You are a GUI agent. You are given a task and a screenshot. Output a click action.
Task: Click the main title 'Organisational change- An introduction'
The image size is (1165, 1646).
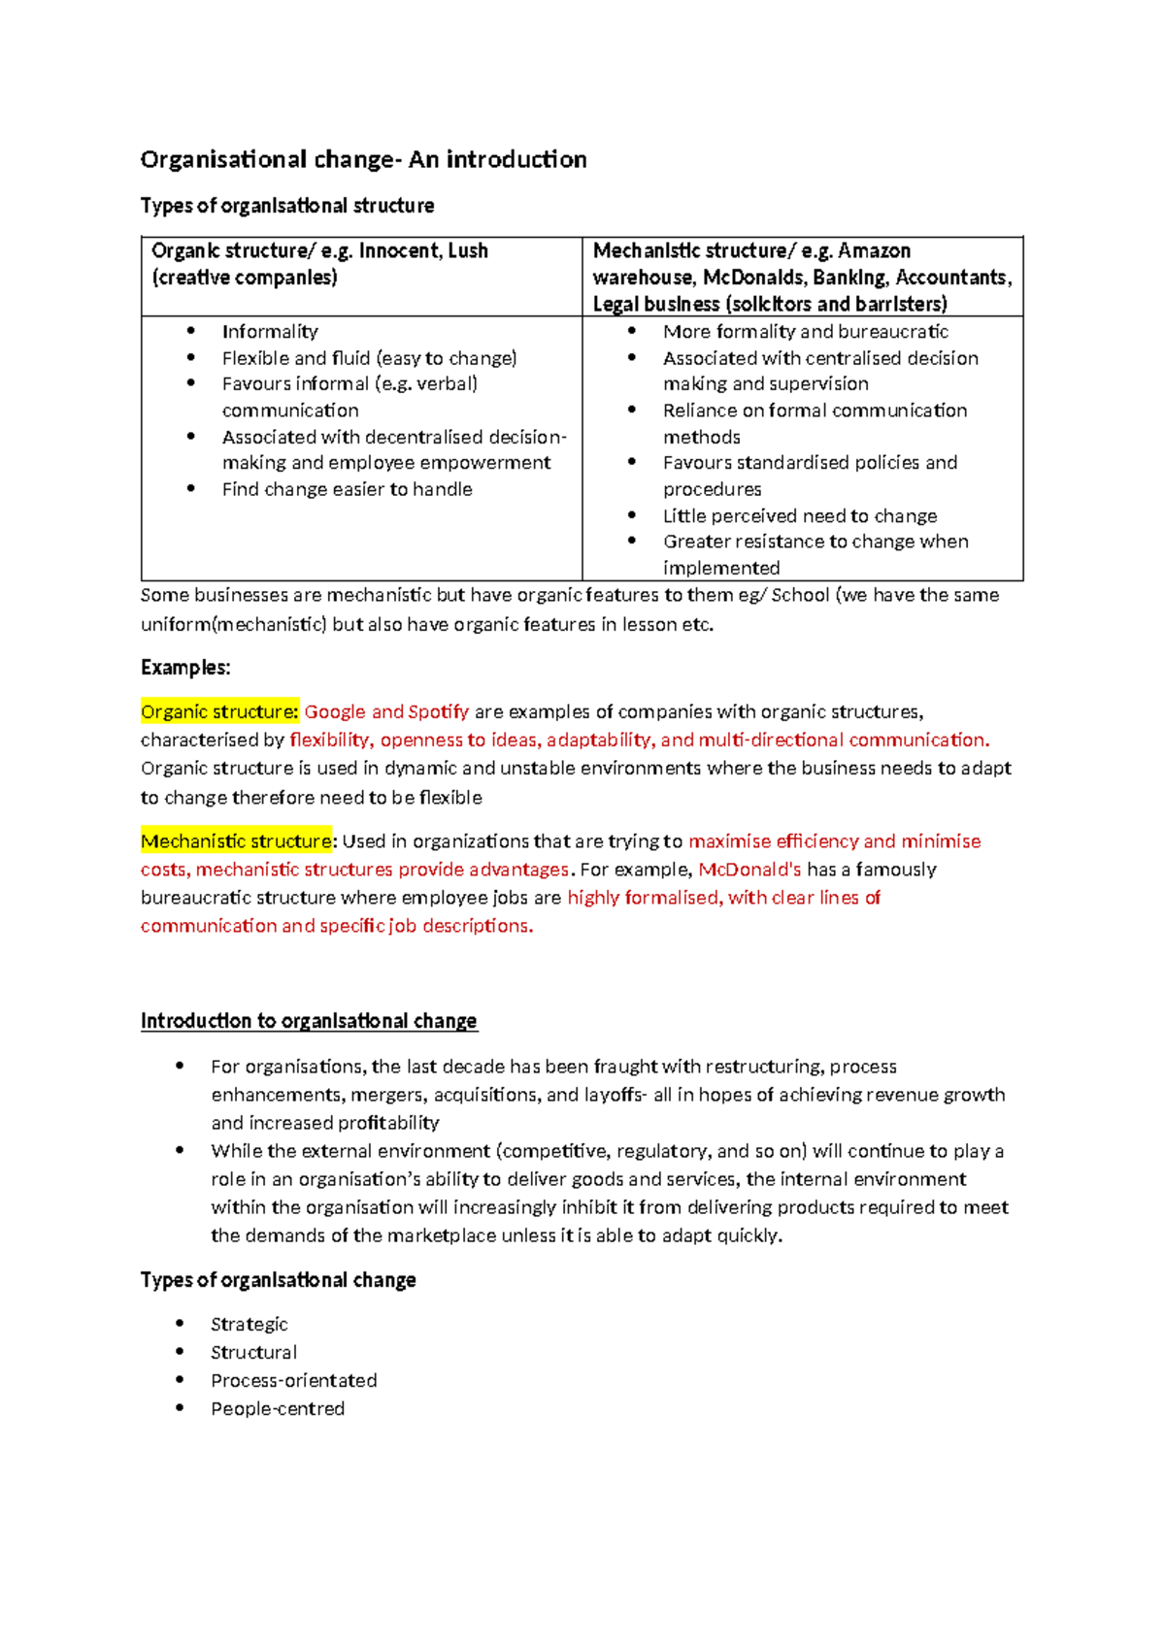[x=363, y=159]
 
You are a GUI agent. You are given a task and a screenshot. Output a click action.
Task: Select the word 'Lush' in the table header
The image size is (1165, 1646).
[x=468, y=250]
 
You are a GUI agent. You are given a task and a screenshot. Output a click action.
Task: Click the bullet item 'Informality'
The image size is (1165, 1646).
[x=270, y=331]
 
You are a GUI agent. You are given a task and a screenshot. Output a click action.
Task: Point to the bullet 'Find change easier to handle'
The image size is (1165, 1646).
[x=347, y=489]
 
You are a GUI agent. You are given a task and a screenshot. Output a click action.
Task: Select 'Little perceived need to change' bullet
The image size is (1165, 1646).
[x=800, y=515]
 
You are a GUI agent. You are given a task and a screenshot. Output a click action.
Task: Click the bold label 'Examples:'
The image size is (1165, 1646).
[x=185, y=668]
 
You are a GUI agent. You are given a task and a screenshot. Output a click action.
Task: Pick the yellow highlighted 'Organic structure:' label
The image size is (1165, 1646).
[x=219, y=711]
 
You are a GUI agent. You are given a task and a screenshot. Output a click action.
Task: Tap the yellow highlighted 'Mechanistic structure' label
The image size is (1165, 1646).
[x=236, y=840]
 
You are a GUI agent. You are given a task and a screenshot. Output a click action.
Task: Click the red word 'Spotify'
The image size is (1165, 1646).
[x=439, y=711]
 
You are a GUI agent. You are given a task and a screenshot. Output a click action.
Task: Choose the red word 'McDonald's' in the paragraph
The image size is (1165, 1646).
[x=749, y=869]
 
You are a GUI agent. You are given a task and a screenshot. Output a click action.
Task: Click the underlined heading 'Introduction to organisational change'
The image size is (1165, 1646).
[x=309, y=1021]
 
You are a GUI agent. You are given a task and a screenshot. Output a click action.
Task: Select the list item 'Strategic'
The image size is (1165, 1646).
[x=250, y=1324]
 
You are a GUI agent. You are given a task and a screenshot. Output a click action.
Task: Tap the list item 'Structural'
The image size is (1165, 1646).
[x=253, y=1352]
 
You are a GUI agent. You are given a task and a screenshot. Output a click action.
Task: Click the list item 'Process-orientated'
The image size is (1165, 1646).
[x=293, y=1380]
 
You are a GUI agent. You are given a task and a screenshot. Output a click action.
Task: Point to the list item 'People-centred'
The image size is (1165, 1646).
[x=278, y=1408]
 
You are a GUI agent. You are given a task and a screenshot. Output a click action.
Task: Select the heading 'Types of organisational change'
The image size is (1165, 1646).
[x=278, y=1280]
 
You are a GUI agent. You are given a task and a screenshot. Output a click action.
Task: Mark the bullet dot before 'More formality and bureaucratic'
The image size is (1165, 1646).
[x=632, y=331]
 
